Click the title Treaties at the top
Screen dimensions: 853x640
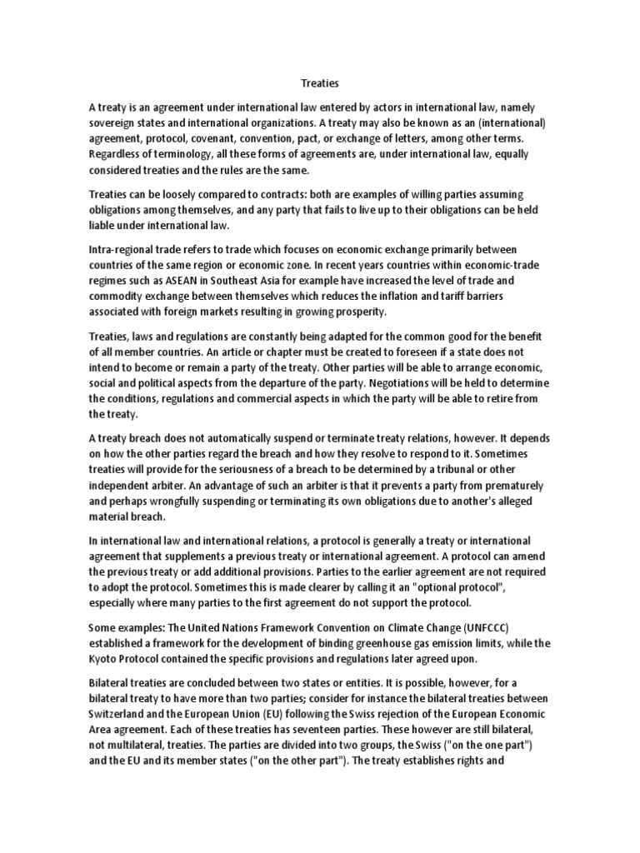click(x=320, y=83)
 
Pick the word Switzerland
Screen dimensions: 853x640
click(x=124, y=713)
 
